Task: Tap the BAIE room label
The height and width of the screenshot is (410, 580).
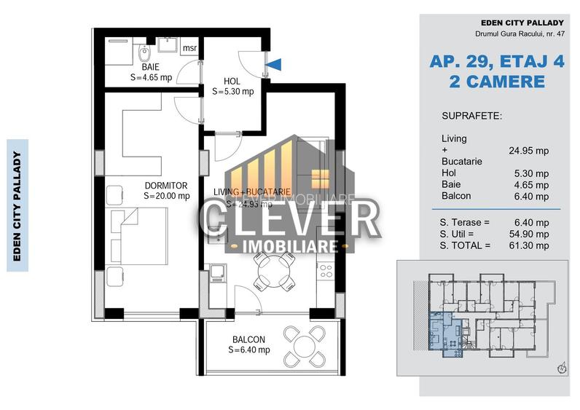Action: point(152,66)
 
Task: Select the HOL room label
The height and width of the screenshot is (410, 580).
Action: point(232,81)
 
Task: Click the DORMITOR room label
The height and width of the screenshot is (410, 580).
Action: point(166,186)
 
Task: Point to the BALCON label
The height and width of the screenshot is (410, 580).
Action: point(248,339)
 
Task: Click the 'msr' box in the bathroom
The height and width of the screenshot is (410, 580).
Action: point(189,49)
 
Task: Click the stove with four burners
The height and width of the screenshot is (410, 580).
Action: point(325,272)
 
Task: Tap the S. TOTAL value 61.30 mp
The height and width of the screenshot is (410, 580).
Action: point(530,246)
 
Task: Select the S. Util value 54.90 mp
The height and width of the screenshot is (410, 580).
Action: point(530,234)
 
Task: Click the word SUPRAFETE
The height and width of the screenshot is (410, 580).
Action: point(471,116)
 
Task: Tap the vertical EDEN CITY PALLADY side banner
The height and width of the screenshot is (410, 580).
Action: point(17,205)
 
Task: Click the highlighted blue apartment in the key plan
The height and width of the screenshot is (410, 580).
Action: point(443,333)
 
